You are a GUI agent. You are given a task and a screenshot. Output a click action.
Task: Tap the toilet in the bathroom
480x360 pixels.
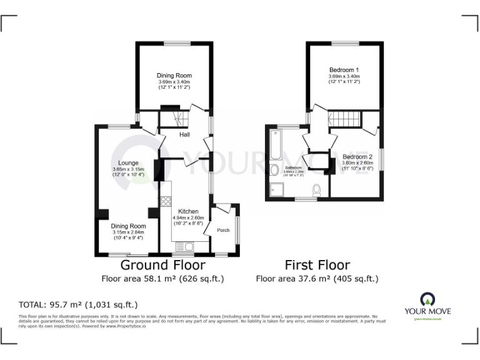tap(316, 189)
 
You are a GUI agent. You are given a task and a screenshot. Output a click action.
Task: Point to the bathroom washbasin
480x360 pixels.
tap(274, 170)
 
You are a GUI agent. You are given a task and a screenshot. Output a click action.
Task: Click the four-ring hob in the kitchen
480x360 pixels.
tap(166, 201)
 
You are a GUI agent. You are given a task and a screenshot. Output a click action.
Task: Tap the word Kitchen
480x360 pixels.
tap(188, 211)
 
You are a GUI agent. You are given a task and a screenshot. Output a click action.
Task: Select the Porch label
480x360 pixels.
tap(223, 230)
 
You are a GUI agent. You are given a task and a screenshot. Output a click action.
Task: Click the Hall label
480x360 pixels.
tap(184, 134)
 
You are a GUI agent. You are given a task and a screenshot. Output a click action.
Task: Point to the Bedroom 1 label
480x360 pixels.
tap(344, 70)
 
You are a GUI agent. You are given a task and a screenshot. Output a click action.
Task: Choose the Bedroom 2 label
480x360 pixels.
tap(357, 156)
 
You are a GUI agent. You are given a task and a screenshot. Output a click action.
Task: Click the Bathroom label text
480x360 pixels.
tap(294, 168)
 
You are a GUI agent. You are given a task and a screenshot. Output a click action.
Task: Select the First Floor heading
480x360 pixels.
tap(317, 265)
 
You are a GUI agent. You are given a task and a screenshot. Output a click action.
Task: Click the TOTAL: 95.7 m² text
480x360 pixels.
tap(77, 305)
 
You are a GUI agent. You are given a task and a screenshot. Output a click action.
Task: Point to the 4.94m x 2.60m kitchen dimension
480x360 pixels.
tap(188, 219)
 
